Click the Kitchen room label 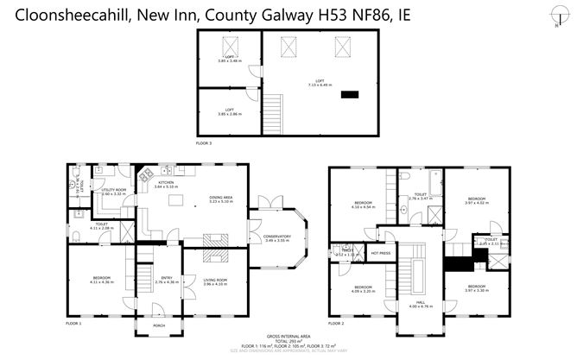pyautogui.click(x=166, y=182)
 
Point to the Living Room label pyautogui.click(x=214, y=280)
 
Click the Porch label pyautogui.click(x=158, y=325)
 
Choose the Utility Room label pyautogui.click(x=114, y=190)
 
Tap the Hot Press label pyautogui.click(x=379, y=253)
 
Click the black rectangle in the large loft pyautogui.click(x=351, y=94)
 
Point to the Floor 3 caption pyautogui.click(x=205, y=142)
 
